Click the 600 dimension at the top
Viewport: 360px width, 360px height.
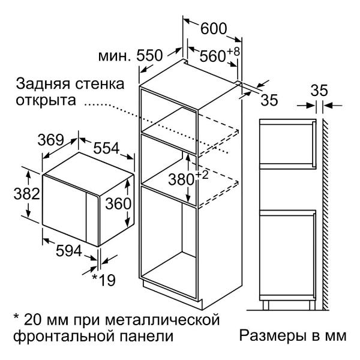(x=214, y=29)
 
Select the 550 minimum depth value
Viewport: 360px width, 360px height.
(x=149, y=55)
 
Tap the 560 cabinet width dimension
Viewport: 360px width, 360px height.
(x=212, y=56)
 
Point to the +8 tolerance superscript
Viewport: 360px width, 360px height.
(x=233, y=52)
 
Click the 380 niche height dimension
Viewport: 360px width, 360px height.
(x=181, y=179)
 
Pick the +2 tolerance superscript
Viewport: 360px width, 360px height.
(x=202, y=175)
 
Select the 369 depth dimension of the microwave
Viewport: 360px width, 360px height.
(x=50, y=140)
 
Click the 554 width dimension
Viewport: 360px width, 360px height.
(x=106, y=148)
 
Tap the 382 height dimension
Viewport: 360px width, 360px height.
(x=27, y=194)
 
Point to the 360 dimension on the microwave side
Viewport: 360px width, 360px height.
(x=118, y=203)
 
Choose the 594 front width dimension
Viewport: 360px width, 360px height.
(x=69, y=250)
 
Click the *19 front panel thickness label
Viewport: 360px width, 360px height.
(x=104, y=280)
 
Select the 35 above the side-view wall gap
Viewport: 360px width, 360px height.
(x=319, y=91)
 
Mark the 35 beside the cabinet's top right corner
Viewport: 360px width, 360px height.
(x=269, y=100)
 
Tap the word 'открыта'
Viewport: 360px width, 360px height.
(x=46, y=101)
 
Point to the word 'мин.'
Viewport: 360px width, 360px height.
(x=113, y=56)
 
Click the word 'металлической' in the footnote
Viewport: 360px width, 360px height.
(x=163, y=320)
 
